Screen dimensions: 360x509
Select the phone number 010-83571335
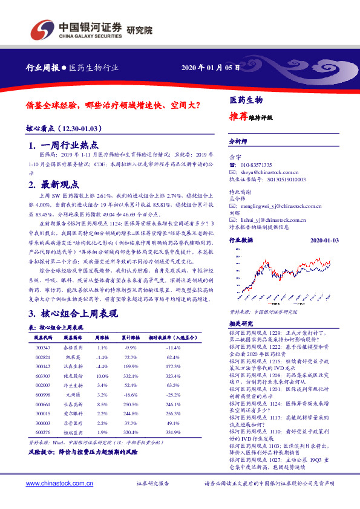257,165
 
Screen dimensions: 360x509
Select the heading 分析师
238,141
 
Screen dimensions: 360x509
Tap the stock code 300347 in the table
43,348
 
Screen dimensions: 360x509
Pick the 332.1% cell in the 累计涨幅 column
131,376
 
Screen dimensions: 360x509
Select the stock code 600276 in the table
43,433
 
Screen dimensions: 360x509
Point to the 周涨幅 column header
102,338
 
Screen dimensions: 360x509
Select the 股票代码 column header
44,338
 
